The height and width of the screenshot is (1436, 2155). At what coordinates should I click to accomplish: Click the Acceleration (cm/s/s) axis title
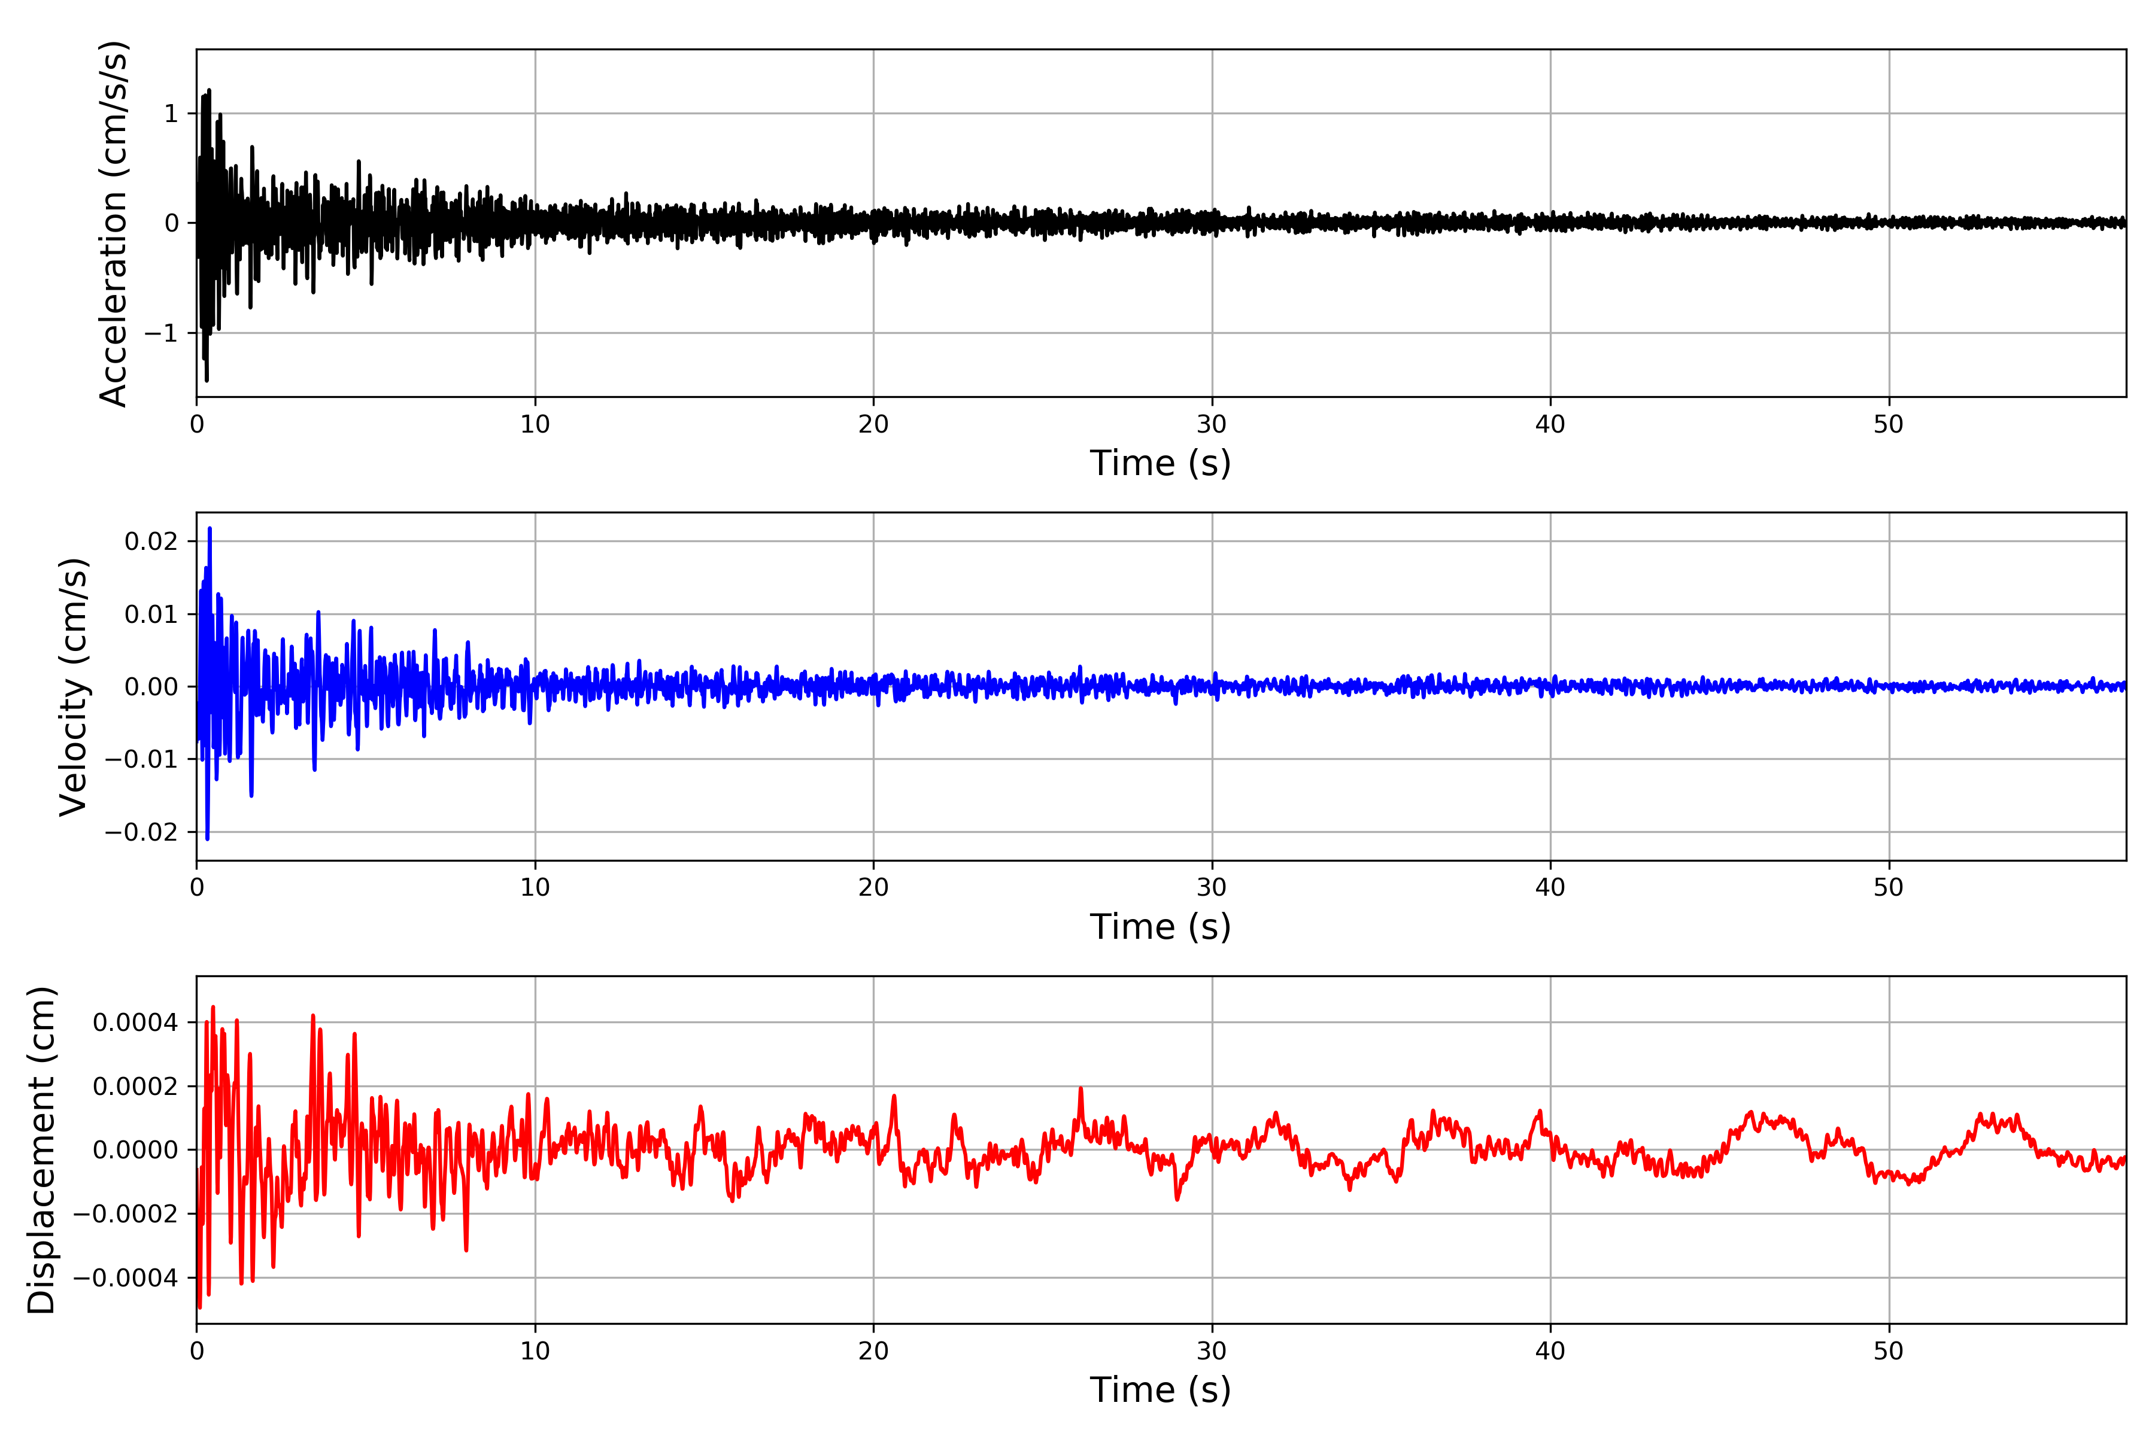(x=114, y=223)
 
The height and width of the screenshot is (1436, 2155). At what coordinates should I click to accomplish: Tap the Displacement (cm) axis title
(x=41, y=1149)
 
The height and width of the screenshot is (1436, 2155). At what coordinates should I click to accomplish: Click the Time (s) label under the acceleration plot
(x=1160, y=463)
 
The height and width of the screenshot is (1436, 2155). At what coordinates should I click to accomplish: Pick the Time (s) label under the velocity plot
(x=1160, y=927)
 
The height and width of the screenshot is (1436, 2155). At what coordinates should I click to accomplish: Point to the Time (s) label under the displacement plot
(x=1160, y=1390)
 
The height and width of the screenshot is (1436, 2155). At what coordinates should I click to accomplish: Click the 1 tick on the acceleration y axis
(x=171, y=114)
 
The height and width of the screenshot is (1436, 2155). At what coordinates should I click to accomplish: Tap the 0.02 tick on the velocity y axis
(x=151, y=541)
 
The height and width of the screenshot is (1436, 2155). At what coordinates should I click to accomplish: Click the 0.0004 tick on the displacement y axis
(x=136, y=1022)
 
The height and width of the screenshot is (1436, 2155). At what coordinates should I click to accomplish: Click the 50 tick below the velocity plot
(x=1889, y=887)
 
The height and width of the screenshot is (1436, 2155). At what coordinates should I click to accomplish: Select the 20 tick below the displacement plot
(x=873, y=1351)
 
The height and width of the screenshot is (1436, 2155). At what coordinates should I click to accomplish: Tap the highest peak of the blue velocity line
(x=210, y=528)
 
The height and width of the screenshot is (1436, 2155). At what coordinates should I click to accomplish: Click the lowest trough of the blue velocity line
(x=207, y=838)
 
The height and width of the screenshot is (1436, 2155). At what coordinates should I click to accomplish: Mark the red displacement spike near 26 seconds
(x=1081, y=1089)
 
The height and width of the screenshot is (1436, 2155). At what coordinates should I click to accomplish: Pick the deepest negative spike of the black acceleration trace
(x=207, y=379)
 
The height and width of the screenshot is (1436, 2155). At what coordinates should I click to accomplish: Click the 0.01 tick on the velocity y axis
(x=151, y=614)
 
